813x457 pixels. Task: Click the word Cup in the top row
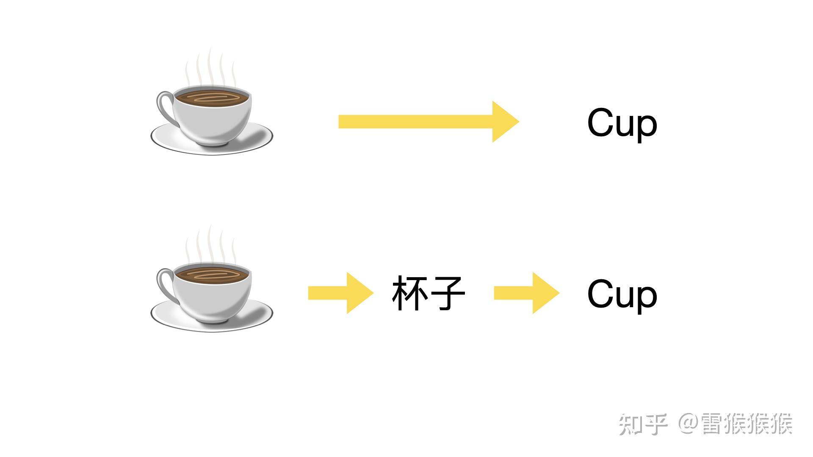tap(622, 123)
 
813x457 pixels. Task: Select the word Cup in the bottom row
tap(622, 295)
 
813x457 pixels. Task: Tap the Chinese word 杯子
tap(429, 293)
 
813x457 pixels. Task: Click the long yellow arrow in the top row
tap(423, 121)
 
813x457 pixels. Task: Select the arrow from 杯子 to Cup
tap(526, 293)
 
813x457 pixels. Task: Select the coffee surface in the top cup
tap(212, 98)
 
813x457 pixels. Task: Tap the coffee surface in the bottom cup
tap(212, 274)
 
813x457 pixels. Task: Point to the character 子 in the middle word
tap(447, 293)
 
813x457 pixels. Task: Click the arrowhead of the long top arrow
tap(504, 121)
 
